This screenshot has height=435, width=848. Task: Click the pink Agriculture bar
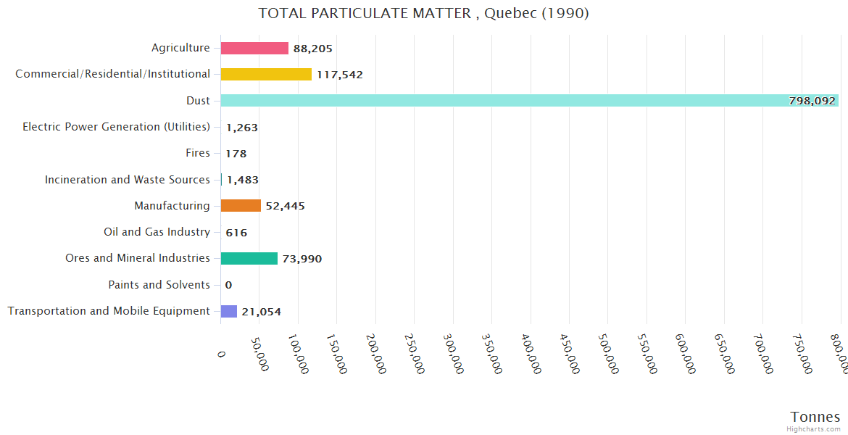[x=254, y=48]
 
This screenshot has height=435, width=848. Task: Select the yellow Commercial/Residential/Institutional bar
[x=266, y=74]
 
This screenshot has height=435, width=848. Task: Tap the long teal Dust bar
[x=507, y=101]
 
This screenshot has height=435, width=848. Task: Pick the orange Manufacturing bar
[x=241, y=206]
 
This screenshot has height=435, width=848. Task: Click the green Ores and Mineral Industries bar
[x=249, y=258]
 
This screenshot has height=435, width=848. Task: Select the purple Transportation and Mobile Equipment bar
[x=229, y=311]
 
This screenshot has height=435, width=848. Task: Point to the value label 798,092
[x=812, y=101]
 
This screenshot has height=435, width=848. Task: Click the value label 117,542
[x=339, y=75]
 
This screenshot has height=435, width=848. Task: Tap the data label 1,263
[x=241, y=128]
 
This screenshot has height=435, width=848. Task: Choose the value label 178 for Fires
[x=236, y=154]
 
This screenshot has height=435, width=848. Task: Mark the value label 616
[x=236, y=233]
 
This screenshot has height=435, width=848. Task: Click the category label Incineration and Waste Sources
[x=128, y=179]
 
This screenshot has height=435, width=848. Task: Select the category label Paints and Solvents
[x=159, y=285]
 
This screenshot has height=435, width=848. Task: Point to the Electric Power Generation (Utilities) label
[x=116, y=127]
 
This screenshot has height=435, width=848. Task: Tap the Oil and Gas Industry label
[x=157, y=232]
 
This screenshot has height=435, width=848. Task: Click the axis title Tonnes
[x=815, y=417]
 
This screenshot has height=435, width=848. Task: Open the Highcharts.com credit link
[x=815, y=429]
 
